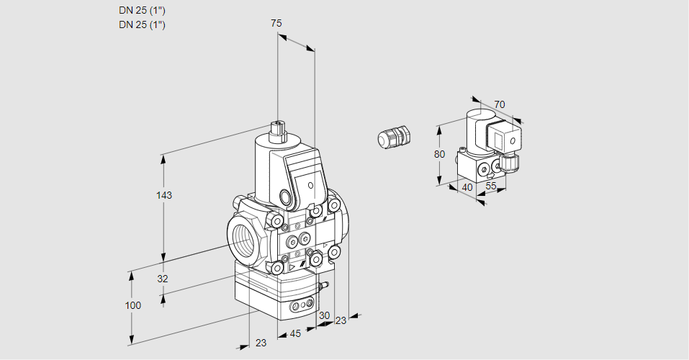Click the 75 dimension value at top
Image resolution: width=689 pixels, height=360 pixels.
click(276, 24)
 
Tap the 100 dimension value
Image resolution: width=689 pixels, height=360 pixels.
click(132, 305)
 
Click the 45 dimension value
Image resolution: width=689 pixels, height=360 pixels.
click(294, 333)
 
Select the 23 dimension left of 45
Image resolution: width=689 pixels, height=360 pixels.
click(261, 343)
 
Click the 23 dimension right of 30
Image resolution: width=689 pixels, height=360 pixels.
click(341, 320)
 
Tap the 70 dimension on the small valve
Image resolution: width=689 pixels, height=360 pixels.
click(500, 104)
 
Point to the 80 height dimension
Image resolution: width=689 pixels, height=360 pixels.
click(440, 154)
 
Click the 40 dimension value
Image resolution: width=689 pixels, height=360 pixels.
click(467, 187)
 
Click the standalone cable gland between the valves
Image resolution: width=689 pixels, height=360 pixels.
click(394, 137)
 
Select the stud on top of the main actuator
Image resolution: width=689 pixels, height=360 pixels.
click(279, 131)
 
